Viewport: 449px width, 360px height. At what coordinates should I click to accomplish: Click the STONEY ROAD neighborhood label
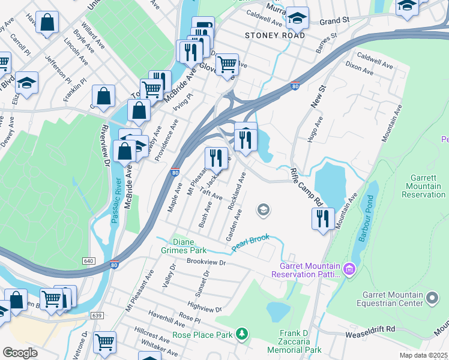275,35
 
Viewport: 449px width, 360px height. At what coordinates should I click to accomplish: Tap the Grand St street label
334,21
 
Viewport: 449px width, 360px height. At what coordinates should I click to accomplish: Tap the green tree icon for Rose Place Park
241,333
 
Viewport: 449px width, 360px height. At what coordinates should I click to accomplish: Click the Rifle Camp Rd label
307,186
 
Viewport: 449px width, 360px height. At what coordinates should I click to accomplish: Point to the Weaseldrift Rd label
370,329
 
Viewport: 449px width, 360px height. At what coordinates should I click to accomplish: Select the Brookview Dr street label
206,262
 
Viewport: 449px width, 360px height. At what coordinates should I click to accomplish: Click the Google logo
20,352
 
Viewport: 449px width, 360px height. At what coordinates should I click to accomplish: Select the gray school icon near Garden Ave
262,210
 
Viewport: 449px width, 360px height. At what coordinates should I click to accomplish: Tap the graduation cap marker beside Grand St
297,18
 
